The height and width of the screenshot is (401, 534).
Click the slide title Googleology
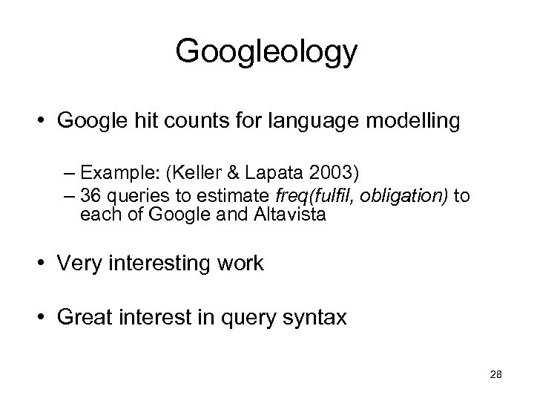(x=267, y=53)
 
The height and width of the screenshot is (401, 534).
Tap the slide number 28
(x=497, y=374)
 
